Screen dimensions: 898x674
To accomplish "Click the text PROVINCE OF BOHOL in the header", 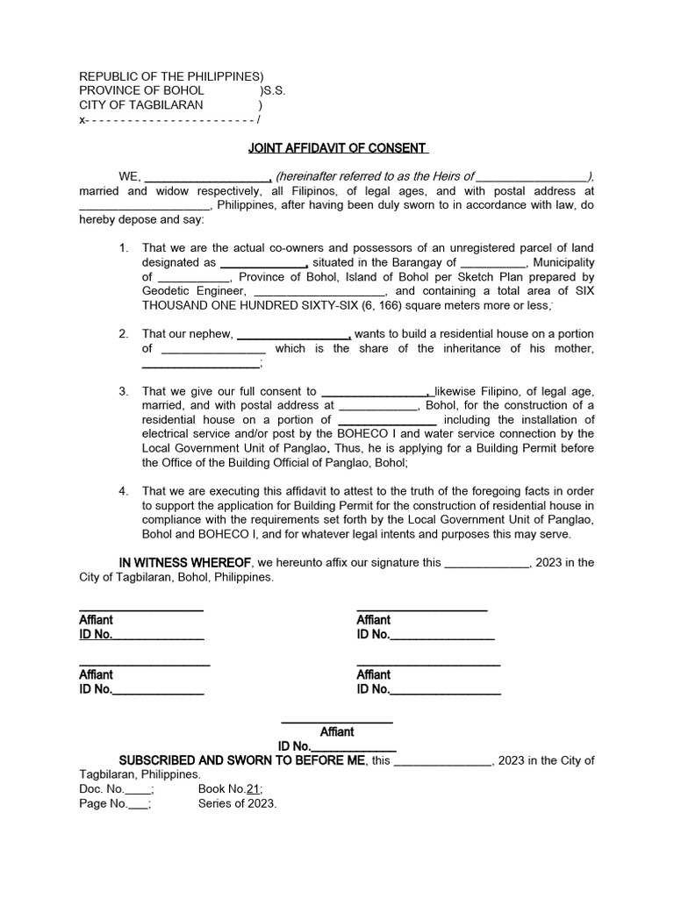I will point(141,90).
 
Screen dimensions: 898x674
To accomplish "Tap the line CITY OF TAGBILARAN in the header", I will point(141,104).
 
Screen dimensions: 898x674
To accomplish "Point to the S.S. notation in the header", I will point(274,90).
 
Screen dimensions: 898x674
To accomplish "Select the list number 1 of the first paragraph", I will point(124,248).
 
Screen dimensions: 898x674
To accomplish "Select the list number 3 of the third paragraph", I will point(124,391).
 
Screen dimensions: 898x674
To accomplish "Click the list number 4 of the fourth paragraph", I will point(124,490).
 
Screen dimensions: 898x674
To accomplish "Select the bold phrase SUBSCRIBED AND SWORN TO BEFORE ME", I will point(242,760).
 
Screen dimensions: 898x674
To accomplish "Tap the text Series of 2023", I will point(237,803).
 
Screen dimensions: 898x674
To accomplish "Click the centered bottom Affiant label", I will point(337,731).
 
